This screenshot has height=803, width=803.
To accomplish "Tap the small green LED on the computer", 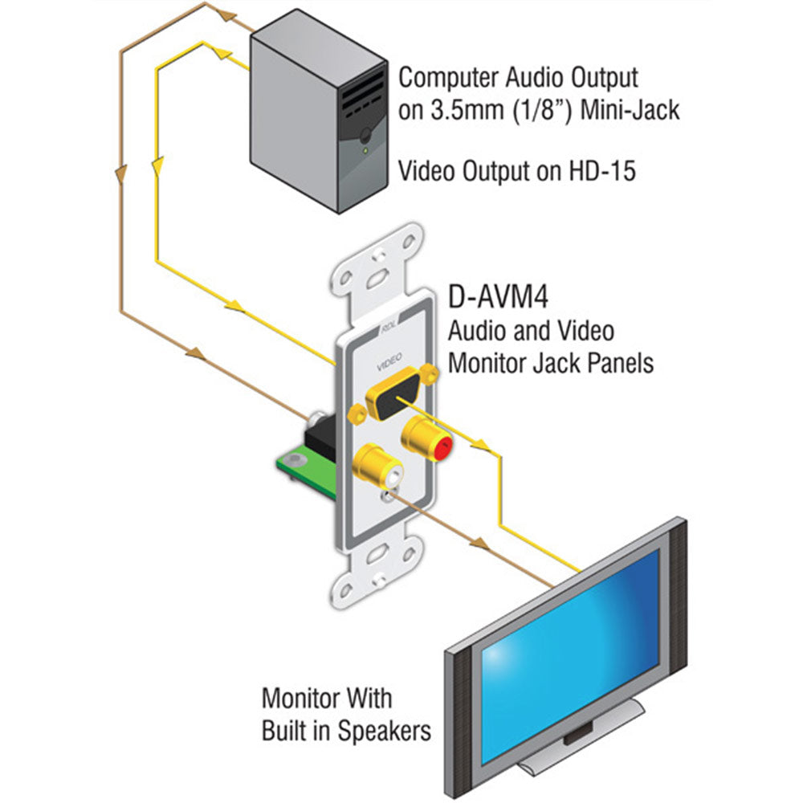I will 366,149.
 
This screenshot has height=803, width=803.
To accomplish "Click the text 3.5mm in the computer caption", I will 434,108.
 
